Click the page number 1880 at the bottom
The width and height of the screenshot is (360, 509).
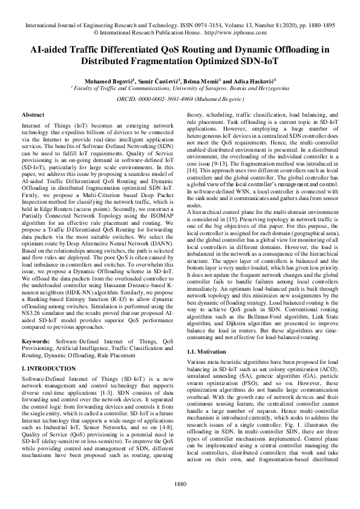180,482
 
